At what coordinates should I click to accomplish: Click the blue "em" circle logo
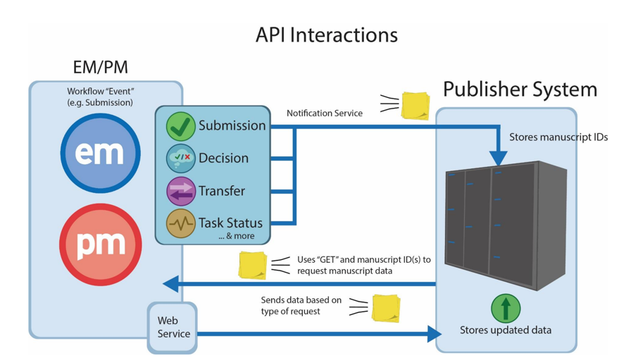[x=101, y=153]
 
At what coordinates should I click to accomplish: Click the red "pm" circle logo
[x=101, y=244]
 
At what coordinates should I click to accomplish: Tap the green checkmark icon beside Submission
[x=181, y=126]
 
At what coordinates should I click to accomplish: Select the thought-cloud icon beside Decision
[x=181, y=159]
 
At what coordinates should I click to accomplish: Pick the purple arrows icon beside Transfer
[x=181, y=191]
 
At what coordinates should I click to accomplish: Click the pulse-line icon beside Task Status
[x=181, y=223]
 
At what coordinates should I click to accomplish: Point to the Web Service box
[x=173, y=328]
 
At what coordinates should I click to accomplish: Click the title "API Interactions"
[x=326, y=35]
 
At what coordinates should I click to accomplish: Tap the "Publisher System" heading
[x=520, y=89]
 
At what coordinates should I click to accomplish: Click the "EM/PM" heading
[x=101, y=67]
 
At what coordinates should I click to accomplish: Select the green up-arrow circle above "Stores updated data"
[x=506, y=309]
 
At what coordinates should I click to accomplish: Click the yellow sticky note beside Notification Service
[x=415, y=106]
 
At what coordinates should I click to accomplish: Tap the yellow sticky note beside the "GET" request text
[x=253, y=266]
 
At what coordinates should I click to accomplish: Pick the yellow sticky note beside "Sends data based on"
[x=386, y=309]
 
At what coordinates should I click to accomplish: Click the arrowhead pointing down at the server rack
[x=498, y=158]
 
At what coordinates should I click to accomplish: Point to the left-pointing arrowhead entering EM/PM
[x=170, y=284]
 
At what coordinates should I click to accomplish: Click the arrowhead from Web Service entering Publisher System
[x=434, y=334]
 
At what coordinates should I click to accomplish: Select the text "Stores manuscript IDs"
[x=558, y=137]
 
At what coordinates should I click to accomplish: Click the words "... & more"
[x=237, y=236]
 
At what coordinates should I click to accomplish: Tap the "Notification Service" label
[x=325, y=113]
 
